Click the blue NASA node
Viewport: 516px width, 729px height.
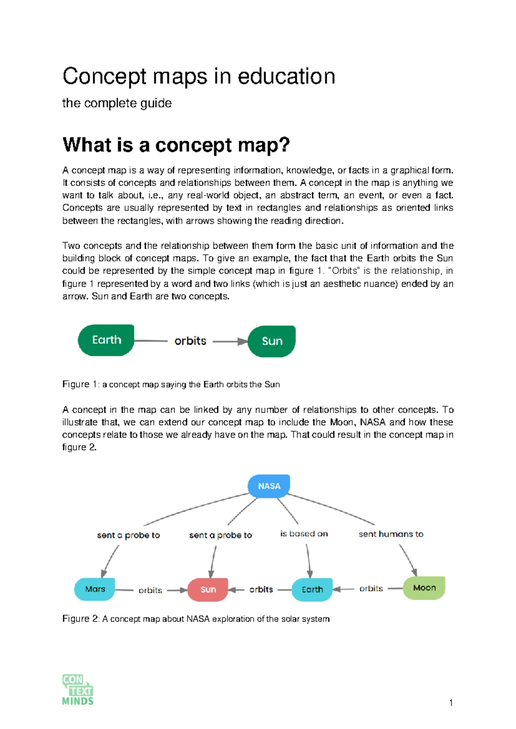[x=269, y=486]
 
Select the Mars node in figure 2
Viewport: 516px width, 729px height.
[x=95, y=589]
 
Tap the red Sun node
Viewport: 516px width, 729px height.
[x=208, y=589]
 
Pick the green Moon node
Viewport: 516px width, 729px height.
[x=424, y=588]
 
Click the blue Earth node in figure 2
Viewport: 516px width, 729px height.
[x=312, y=589]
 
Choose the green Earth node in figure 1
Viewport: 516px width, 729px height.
[x=106, y=340]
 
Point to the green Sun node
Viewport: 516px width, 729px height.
[x=272, y=341]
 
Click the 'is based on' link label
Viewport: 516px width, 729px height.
[x=304, y=534]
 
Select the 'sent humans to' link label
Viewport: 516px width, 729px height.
[x=391, y=534]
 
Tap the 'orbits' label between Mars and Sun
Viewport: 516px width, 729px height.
[x=150, y=590]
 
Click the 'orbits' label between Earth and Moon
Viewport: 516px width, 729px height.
[x=371, y=588]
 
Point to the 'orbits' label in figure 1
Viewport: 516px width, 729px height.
[x=190, y=341]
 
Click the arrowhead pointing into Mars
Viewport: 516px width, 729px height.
[x=104, y=574]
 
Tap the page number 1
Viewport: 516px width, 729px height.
[x=451, y=703]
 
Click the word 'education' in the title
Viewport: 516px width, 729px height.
[x=286, y=77]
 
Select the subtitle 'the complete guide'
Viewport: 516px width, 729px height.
[x=117, y=103]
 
